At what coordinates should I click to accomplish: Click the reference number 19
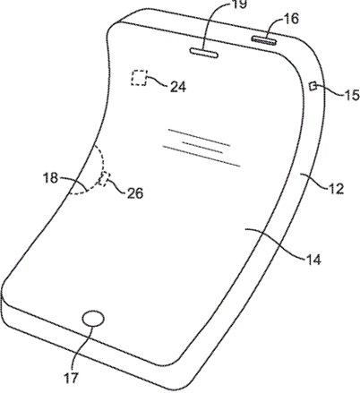coord(239,4)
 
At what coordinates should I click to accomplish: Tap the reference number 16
coord(290,19)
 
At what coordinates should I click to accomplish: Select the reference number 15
coord(351,96)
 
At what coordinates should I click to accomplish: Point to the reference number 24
coord(178,87)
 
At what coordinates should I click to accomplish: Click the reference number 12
coord(336,189)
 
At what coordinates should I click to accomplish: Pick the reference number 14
coord(313,260)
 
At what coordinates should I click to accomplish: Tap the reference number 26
coord(135,193)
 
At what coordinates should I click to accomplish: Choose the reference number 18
coord(50,178)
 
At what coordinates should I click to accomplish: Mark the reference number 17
coord(71,379)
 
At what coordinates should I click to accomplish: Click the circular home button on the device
coord(93,319)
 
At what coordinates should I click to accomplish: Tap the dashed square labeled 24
coord(140,78)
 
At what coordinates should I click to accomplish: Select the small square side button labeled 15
coord(313,86)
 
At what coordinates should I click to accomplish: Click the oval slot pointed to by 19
coord(204,53)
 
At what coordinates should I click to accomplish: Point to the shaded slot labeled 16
coord(263,40)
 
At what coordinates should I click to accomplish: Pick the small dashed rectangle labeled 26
coord(104,179)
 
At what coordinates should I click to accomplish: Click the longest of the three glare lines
coord(201,156)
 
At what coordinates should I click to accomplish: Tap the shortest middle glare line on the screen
coord(202,148)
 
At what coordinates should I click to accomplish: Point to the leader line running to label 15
coord(330,90)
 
